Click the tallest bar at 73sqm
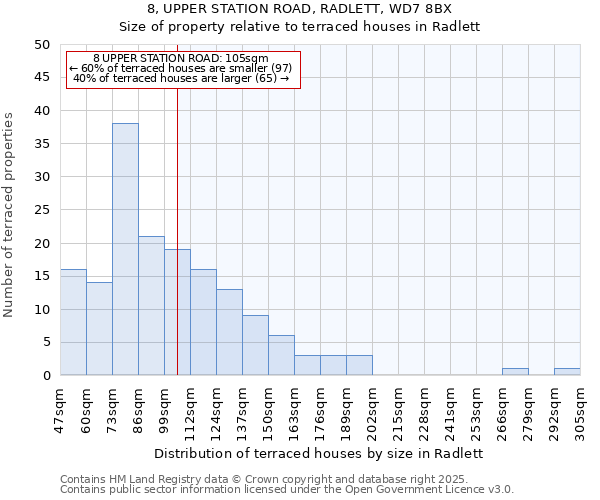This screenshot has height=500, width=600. click(125, 249)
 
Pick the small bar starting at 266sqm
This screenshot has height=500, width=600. click(515, 372)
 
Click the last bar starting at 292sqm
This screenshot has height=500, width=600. click(567, 372)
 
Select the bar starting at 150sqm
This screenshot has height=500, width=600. click(281, 355)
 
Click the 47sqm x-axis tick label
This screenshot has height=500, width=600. click(60, 405)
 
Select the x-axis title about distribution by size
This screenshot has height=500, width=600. click(320, 453)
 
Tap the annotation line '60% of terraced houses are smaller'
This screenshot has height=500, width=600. click(181, 68)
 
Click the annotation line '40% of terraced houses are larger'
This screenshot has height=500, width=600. click(181, 78)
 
